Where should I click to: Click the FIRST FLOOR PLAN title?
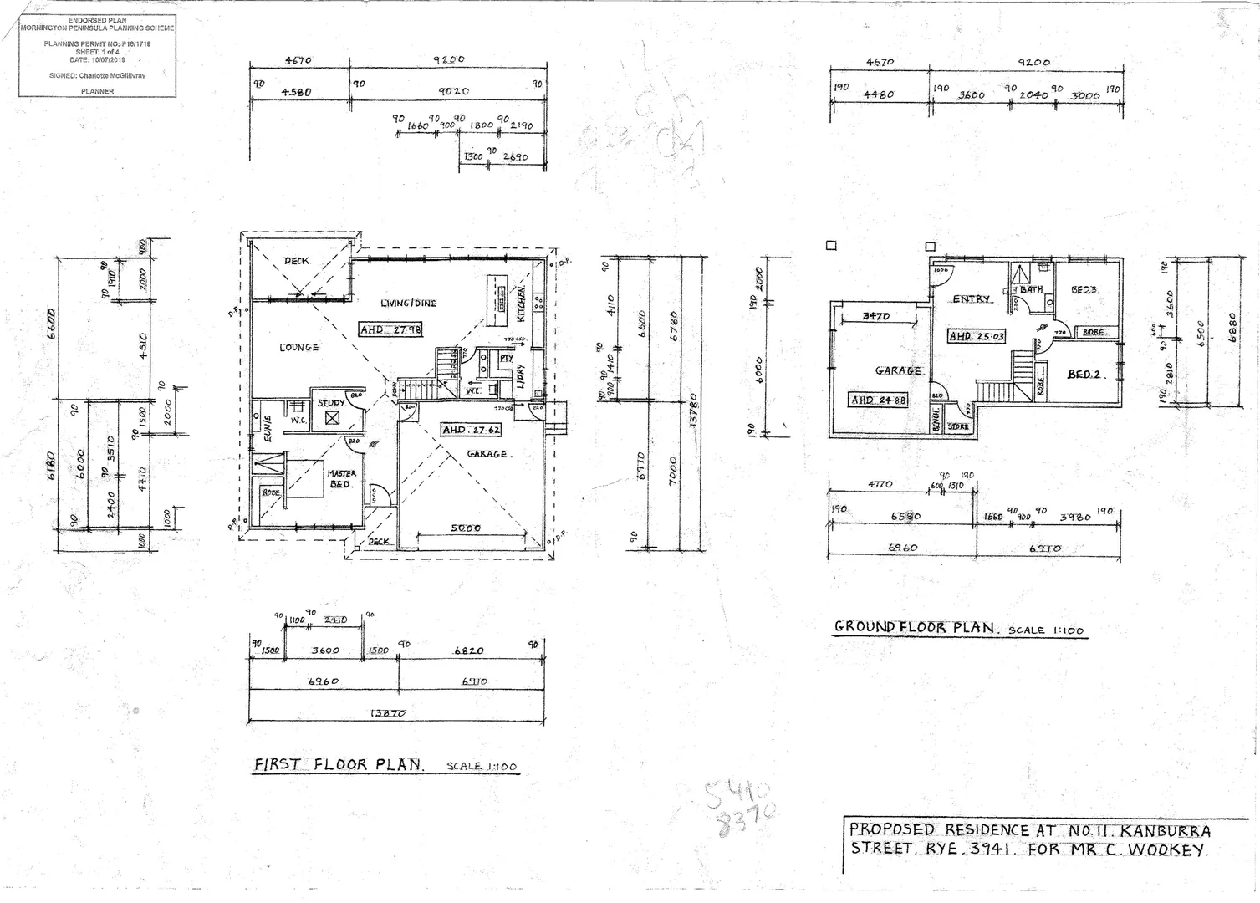point(339,764)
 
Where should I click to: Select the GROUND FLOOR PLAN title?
point(915,627)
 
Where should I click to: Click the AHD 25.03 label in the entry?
point(977,336)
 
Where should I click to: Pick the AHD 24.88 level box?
point(879,400)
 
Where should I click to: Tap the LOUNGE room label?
point(298,347)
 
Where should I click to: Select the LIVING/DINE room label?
point(408,303)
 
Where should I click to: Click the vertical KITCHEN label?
point(521,304)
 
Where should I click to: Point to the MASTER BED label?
point(341,479)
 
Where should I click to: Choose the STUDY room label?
point(331,403)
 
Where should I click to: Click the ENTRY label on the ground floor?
point(972,298)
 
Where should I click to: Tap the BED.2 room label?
point(1086,375)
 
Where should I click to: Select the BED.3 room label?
point(1084,290)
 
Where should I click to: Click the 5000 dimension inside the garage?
point(466,528)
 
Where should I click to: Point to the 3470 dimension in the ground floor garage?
point(875,316)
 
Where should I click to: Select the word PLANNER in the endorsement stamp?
point(98,91)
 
